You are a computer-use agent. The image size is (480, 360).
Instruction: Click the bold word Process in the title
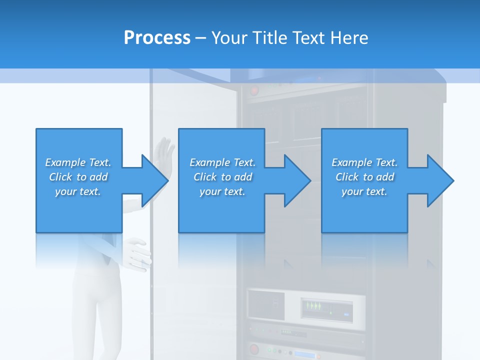click(157, 38)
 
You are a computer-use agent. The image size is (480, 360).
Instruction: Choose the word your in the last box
click(352, 191)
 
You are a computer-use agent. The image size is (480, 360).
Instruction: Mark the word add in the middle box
click(243, 177)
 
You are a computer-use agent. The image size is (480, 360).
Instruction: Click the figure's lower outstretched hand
click(137, 253)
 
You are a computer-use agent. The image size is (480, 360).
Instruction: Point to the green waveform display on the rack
click(315, 306)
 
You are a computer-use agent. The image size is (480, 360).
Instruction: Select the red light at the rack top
click(254, 91)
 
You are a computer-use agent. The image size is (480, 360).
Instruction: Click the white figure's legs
click(97, 310)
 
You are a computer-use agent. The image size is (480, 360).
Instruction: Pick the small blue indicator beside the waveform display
click(346, 314)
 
